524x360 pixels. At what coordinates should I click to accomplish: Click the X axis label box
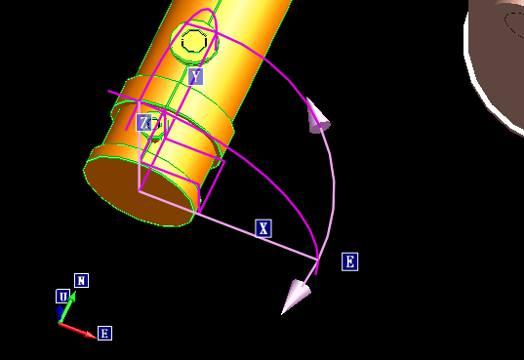(262, 228)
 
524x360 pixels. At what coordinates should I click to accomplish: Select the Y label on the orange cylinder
(195, 76)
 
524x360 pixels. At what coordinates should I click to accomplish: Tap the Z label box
(144, 122)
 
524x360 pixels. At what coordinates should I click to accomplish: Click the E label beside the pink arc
(349, 261)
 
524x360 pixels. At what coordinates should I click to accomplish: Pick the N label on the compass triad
(82, 281)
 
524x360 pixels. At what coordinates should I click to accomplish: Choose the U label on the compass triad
(62, 297)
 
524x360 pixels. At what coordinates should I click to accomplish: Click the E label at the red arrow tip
(104, 334)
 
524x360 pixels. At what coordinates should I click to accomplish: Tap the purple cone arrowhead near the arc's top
(317, 116)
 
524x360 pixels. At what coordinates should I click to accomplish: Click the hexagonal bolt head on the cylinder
(193, 42)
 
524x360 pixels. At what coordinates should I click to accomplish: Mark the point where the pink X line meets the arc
(318, 258)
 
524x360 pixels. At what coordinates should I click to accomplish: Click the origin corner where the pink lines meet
(139, 191)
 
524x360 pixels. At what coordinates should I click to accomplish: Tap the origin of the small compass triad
(60, 322)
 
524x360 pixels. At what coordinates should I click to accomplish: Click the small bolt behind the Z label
(154, 124)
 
